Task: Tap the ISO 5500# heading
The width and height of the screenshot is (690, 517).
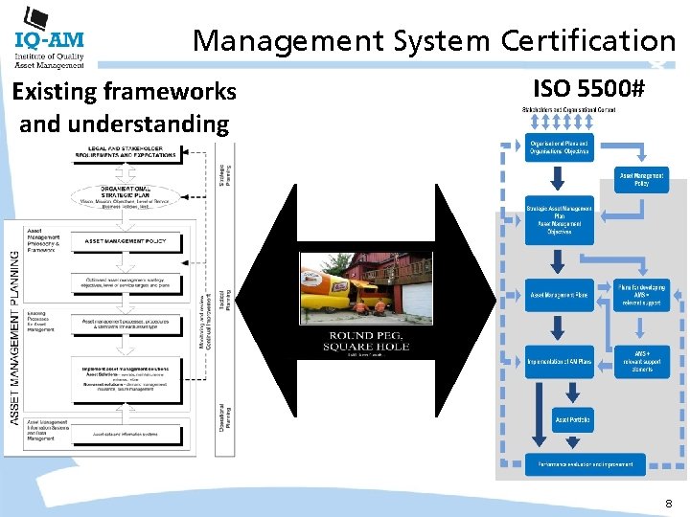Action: (x=588, y=90)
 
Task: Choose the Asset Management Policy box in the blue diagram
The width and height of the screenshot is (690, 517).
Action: (x=640, y=179)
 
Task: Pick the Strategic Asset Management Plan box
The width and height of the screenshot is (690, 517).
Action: (x=560, y=219)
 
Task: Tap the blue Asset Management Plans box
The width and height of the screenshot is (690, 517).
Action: (x=559, y=295)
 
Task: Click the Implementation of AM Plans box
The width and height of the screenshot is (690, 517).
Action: (x=560, y=361)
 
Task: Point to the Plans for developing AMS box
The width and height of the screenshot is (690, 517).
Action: (x=642, y=294)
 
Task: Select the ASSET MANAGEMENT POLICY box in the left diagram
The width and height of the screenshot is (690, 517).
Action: (x=139, y=241)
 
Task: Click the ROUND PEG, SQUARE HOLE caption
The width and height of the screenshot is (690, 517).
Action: (x=352, y=341)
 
